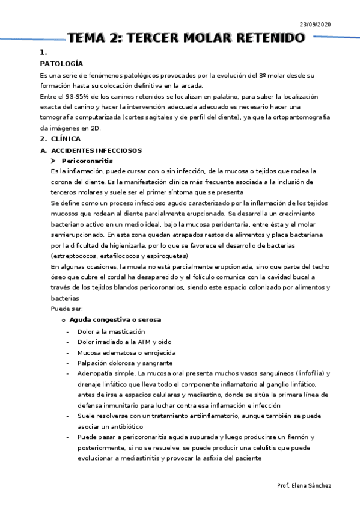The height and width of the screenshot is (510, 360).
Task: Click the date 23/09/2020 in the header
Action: pos(315,24)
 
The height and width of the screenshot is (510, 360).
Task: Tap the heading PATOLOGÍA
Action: pos(61,63)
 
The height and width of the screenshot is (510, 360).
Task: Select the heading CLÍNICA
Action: pos(66,139)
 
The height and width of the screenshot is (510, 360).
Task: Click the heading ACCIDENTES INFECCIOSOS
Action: pos(97,150)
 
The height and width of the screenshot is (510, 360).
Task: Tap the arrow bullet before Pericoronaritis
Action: pos(54,161)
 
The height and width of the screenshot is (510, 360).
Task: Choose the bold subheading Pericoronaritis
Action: pos(87,161)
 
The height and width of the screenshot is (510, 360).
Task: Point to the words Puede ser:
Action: pos(63,309)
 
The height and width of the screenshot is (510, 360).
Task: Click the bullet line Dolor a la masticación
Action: pos(111,331)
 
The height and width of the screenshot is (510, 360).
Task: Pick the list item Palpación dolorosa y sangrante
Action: pos(125,363)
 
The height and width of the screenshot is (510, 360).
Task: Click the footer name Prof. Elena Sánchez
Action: pos(304,485)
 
